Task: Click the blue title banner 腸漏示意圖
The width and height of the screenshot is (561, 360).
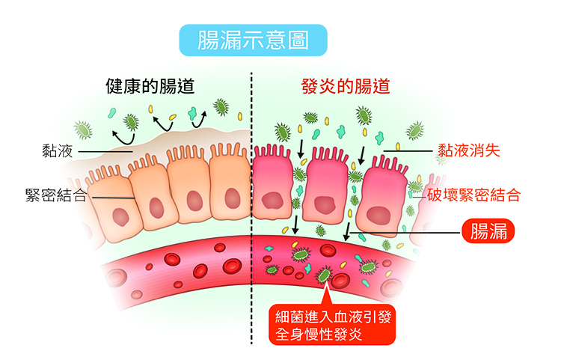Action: pos(253,40)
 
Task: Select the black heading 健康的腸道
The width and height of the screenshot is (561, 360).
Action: pos(150,86)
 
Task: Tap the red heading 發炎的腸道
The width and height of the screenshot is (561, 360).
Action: pos(346,86)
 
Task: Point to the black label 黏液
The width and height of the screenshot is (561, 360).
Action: pos(58,151)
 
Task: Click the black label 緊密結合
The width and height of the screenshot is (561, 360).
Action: pos(56,195)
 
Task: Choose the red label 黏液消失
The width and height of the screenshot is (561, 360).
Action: pos(469,150)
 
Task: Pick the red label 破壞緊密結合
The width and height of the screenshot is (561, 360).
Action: pos(473,195)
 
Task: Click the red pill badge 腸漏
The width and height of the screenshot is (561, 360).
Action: pos(488,231)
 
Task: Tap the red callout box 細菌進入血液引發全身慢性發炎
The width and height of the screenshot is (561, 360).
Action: pos(332,325)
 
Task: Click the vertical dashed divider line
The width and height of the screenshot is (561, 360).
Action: pos(251,207)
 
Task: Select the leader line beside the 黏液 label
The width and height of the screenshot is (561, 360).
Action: pos(105,152)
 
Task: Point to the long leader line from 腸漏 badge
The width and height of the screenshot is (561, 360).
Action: pos(405,233)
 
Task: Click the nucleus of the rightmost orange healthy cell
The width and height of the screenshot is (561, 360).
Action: pos(233,198)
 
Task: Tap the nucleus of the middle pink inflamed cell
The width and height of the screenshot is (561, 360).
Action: pos(325,204)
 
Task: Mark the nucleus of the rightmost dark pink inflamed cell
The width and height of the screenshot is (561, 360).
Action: pos(378,216)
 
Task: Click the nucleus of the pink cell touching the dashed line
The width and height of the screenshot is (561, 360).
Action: pos(272,201)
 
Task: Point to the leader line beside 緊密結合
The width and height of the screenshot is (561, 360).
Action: pos(114,198)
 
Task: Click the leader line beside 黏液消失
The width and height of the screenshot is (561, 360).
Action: pos(408,151)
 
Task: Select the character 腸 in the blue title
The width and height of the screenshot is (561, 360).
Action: pos(209,40)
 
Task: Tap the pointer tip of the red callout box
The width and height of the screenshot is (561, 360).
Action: pos(325,284)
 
